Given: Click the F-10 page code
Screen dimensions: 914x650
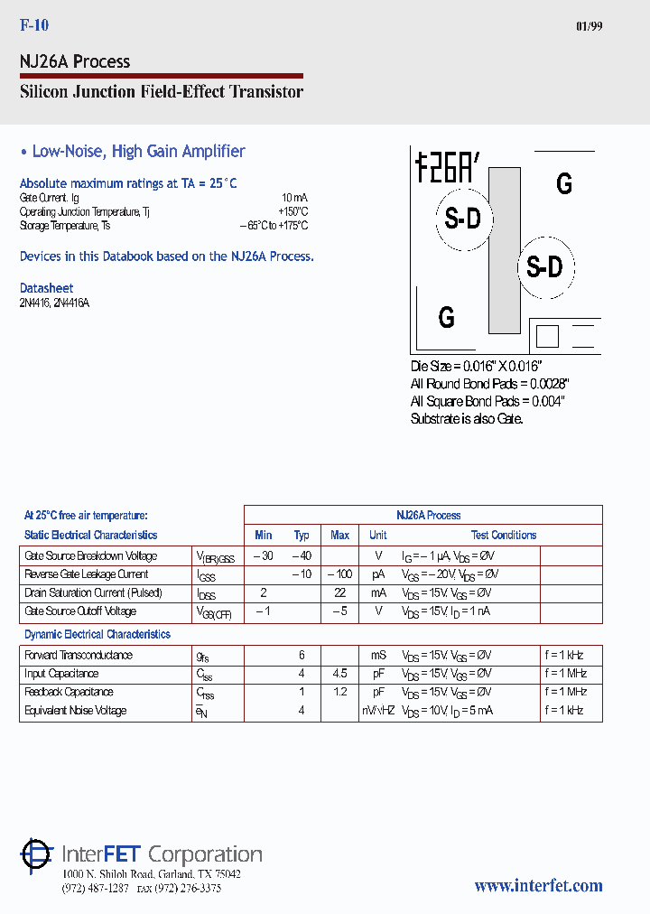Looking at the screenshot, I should tap(34, 26).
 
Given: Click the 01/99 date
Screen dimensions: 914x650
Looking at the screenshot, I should tap(589, 26).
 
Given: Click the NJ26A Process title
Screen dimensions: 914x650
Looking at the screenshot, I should tap(75, 61).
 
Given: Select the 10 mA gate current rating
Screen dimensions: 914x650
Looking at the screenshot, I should tap(294, 197).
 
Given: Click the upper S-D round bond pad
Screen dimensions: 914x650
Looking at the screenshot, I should tap(463, 218).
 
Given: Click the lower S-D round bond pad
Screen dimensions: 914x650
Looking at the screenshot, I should tap(544, 266).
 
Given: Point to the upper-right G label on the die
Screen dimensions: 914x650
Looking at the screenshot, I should tap(564, 183).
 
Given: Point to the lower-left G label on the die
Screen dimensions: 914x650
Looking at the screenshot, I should tap(446, 317).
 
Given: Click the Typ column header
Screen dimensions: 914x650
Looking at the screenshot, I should tap(302, 536).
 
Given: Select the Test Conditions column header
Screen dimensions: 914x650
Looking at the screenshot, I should tap(504, 536).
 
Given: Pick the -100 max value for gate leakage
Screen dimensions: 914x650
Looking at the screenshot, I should tap(339, 574).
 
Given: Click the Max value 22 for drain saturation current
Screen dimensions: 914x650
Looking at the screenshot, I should tap(339, 593).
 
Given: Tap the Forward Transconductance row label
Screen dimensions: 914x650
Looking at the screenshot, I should tap(79, 656).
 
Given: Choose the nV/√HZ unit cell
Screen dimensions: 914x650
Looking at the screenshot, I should tap(378, 711).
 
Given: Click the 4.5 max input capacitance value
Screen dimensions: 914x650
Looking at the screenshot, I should tap(339, 674).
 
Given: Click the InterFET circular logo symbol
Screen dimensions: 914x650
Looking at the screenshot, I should tap(37, 854).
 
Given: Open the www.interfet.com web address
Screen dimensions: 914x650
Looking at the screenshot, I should tap(538, 886).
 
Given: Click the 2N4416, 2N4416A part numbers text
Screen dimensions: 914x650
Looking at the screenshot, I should tap(54, 303).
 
